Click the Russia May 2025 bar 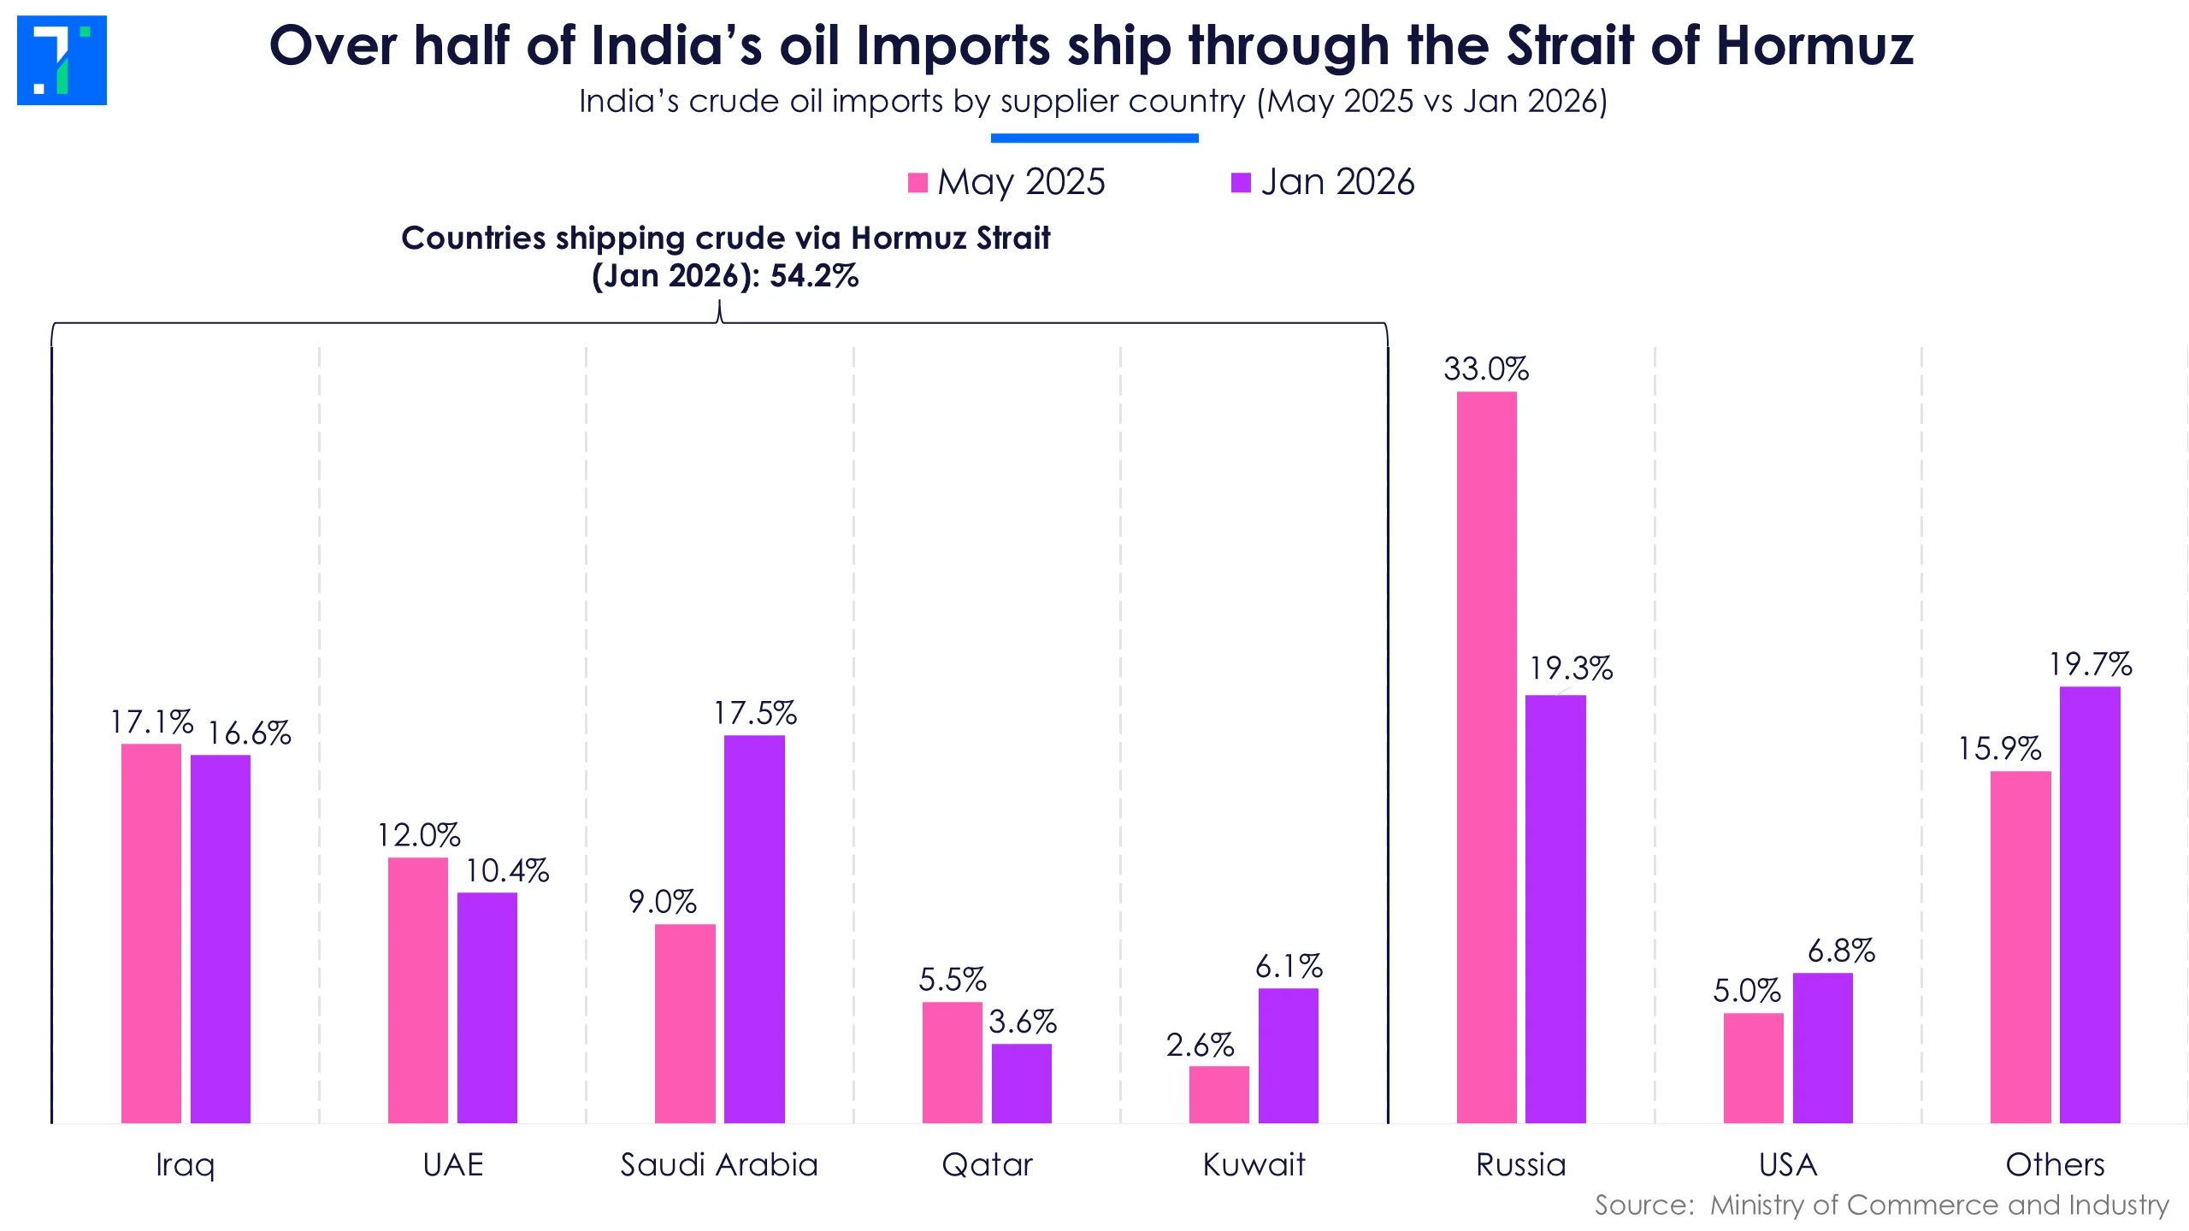(x=1486, y=757)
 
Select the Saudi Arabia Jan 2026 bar (x=754, y=928)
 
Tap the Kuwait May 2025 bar (x=1218, y=1094)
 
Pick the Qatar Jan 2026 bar (x=1021, y=1083)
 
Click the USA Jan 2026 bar (x=1822, y=1047)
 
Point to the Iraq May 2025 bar (x=151, y=933)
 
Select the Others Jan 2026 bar (x=2089, y=904)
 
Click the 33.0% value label (x=1486, y=369)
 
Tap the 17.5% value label (x=755, y=713)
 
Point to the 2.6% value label (x=1200, y=1045)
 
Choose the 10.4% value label (x=506, y=870)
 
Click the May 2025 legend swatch (x=917, y=183)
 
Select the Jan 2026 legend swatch (x=1241, y=183)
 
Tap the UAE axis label (x=453, y=1164)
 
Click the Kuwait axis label (x=1254, y=1164)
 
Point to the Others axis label (x=2055, y=1164)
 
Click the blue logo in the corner (x=62, y=60)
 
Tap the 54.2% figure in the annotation (x=814, y=276)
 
